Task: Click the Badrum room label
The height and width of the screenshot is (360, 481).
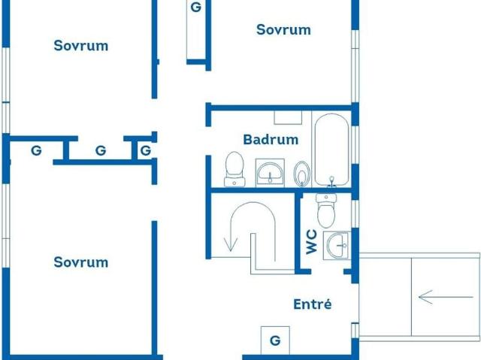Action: click(x=271, y=140)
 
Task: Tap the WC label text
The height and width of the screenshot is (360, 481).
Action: click(x=312, y=242)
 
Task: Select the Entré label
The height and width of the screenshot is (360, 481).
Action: click(x=313, y=304)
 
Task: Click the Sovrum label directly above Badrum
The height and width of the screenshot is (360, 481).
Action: click(x=283, y=30)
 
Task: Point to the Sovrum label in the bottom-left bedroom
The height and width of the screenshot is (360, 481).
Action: click(x=81, y=262)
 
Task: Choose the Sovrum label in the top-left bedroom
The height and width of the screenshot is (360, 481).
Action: click(x=81, y=46)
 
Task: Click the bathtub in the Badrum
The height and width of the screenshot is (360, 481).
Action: click(x=331, y=150)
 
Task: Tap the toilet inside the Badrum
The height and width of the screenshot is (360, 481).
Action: click(x=234, y=169)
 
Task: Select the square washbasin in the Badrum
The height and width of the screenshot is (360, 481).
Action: click(x=270, y=173)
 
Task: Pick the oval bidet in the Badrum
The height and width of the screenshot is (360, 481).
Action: click(x=302, y=174)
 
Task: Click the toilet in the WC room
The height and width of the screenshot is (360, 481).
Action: click(x=326, y=210)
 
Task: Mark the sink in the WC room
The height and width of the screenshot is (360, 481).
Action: click(x=337, y=245)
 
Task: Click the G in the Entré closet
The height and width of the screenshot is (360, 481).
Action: click(x=275, y=340)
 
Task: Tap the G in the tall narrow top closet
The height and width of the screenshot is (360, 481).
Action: click(x=196, y=7)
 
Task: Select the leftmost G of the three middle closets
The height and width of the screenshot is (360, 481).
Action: click(x=36, y=150)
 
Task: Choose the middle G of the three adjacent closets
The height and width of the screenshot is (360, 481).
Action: click(x=101, y=150)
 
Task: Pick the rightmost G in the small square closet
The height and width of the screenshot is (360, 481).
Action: click(x=145, y=150)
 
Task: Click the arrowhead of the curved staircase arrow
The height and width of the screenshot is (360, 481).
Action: click(x=231, y=245)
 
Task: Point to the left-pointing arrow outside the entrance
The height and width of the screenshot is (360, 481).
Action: click(x=446, y=297)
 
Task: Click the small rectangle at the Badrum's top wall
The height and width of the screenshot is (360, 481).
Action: click(x=288, y=118)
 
